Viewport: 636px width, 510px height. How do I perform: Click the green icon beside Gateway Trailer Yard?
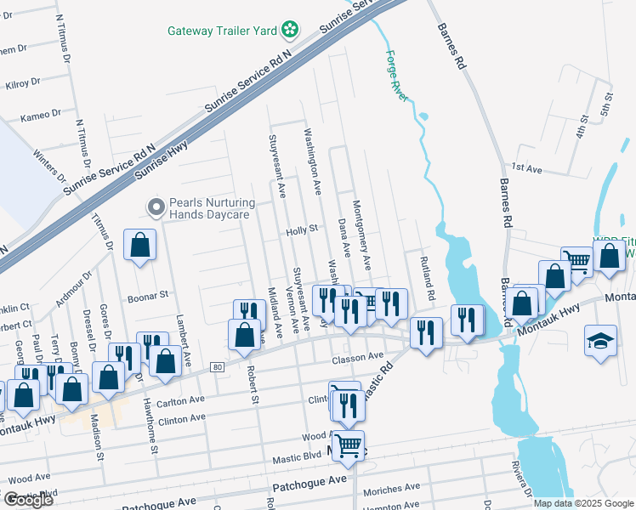[x=290, y=31]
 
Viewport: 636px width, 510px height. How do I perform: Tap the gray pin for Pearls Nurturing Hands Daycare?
[x=156, y=207]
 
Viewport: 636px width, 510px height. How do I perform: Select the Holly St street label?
[x=301, y=229]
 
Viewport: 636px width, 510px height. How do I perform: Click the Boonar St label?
[x=150, y=293]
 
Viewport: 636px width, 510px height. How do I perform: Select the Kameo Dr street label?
[x=41, y=113]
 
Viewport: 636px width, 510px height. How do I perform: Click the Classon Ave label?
[x=358, y=358]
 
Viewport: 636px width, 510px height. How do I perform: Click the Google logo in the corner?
[x=27, y=499]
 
